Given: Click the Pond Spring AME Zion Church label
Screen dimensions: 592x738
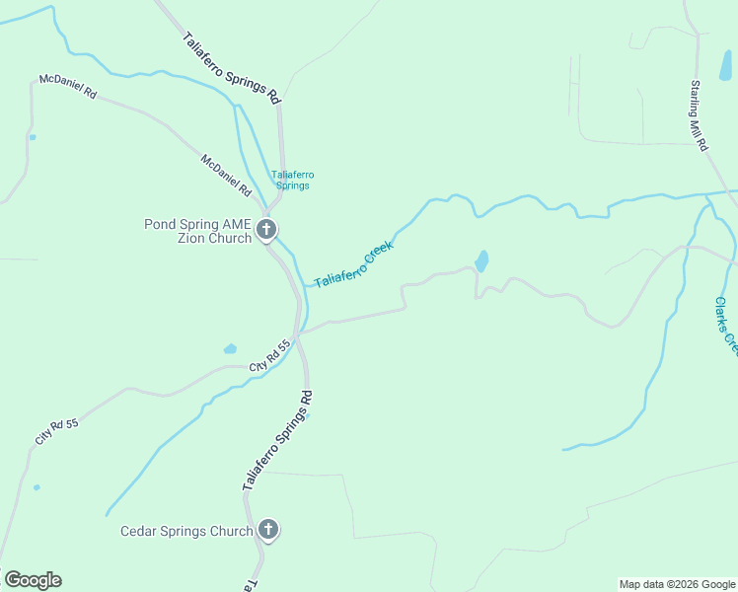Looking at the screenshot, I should [x=197, y=231].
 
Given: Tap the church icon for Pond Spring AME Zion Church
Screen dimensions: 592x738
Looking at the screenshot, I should [x=265, y=231].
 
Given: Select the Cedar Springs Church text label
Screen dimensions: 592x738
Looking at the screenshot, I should [x=186, y=531].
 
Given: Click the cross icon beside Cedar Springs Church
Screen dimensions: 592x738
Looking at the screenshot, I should [x=267, y=531].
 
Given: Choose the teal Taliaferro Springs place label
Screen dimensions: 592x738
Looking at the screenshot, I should [x=292, y=180].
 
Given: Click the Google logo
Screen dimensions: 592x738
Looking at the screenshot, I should [x=33, y=580].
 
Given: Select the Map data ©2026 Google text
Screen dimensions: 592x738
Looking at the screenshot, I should [x=677, y=584].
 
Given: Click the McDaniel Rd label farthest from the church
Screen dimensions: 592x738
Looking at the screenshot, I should [x=68, y=86].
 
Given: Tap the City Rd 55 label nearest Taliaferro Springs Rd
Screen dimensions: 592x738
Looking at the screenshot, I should [x=271, y=356].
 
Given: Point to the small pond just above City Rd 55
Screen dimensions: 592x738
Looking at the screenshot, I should [x=230, y=348].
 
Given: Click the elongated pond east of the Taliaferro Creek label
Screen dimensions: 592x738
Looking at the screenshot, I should [x=481, y=261].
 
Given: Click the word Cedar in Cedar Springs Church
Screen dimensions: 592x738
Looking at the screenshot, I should [x=140, y=531].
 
